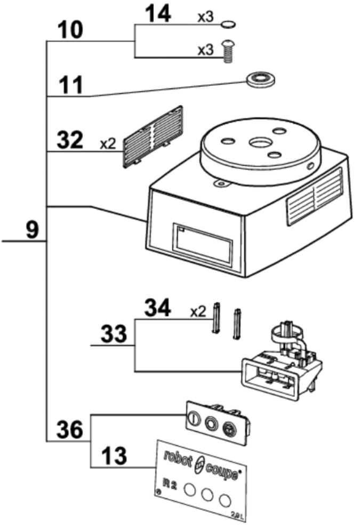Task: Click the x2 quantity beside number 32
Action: (108, 144)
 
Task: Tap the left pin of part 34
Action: (217, 318)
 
